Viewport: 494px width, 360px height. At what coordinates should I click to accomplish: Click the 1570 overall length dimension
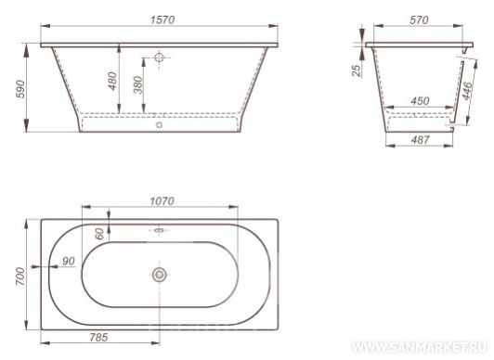point(162,19)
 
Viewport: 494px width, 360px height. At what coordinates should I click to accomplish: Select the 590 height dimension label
point(20,89)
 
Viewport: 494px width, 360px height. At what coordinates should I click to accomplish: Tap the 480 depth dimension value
point(112,81)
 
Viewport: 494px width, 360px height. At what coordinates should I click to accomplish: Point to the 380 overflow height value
point(138,85)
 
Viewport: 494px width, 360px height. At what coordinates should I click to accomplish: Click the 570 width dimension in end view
point(419,20)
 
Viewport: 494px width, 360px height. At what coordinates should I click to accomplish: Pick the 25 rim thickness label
point(356,71)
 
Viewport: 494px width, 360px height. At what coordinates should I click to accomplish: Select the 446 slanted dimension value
point(468,91)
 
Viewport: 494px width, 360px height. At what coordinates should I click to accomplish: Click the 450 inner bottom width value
point(420,101)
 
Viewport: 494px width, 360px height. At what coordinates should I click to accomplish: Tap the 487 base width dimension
point(420,139)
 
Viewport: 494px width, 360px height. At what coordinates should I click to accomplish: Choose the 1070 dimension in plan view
point(162,200)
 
